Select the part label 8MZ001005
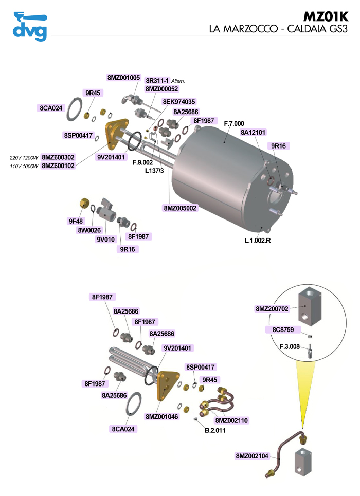click(124, 78)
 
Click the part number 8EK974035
click(179, 102)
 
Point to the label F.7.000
click(234, 124)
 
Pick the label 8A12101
click(253, 133)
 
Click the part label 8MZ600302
click(58, 157)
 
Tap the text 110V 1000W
click(24, 166)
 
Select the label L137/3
click(154, 171)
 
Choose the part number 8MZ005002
click(181, 208)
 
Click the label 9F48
click(76, 221)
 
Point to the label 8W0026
click(89, 231)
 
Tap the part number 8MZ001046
click(161, 416)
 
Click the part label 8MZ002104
click(253, 456)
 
